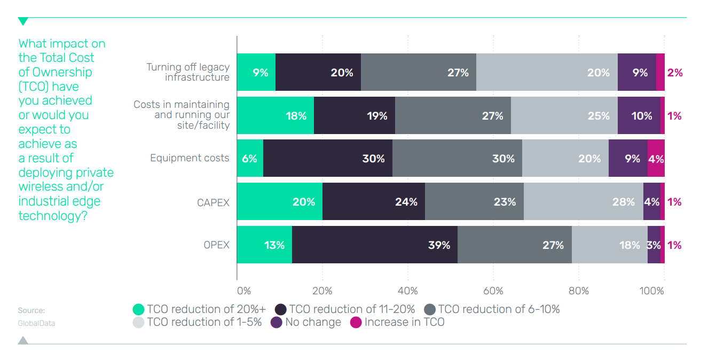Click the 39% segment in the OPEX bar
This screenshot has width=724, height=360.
pos(374,245)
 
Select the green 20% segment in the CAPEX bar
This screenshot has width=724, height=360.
pos(279,201)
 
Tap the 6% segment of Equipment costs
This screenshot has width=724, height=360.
pos(250,158)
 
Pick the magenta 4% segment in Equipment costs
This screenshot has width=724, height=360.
pos(656,158)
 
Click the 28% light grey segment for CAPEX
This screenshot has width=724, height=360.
pos(583,201)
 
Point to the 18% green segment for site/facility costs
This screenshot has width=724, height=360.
pos(275,115)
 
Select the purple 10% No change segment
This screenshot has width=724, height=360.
pos(639,115)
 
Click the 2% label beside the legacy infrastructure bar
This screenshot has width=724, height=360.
pos(675,73)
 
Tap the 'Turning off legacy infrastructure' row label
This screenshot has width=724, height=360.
pos(188,72)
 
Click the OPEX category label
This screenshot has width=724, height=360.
pos(216,245)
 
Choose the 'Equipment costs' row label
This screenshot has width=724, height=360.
pos(190,158)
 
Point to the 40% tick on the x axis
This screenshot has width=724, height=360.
pos(408,291)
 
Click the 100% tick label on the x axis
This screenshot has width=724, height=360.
pos(652,291)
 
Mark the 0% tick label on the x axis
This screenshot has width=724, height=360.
pos(243,291)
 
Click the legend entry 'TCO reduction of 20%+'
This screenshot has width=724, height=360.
pos(199,309)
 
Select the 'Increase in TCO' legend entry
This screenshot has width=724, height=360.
pos(397,322)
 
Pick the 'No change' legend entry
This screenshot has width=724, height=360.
pos(306,322)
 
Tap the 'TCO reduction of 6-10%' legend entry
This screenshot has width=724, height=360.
pos(492,309)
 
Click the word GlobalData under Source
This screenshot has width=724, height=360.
pos(36,323)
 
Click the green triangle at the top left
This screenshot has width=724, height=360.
pos(23,21)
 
